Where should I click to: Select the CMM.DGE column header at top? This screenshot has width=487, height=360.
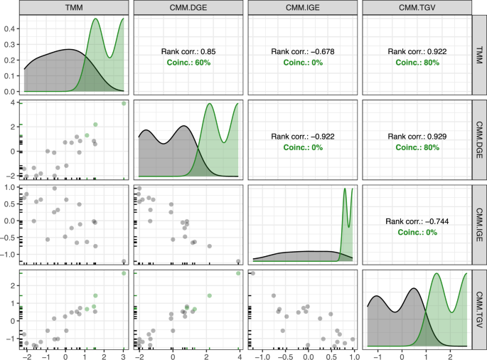188,7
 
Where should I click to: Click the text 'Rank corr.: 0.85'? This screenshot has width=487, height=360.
188,51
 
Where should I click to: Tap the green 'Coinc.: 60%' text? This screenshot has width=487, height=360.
188,63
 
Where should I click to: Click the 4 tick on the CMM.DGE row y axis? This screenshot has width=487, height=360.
14,103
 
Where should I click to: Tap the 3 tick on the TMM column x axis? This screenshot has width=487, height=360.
124,356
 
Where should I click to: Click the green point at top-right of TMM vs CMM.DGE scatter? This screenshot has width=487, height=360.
124,103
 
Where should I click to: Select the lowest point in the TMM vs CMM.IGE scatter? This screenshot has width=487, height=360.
124,261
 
